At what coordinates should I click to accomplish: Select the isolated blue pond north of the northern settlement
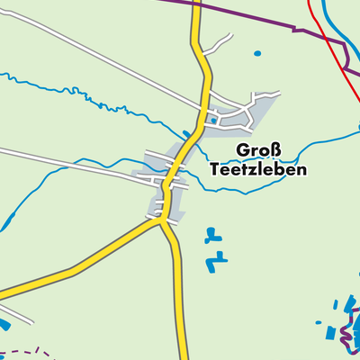[x=257, y=53]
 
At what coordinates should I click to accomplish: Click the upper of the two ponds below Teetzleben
[x=211, y=238]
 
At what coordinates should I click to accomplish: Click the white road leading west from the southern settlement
[x=72, y=162]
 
